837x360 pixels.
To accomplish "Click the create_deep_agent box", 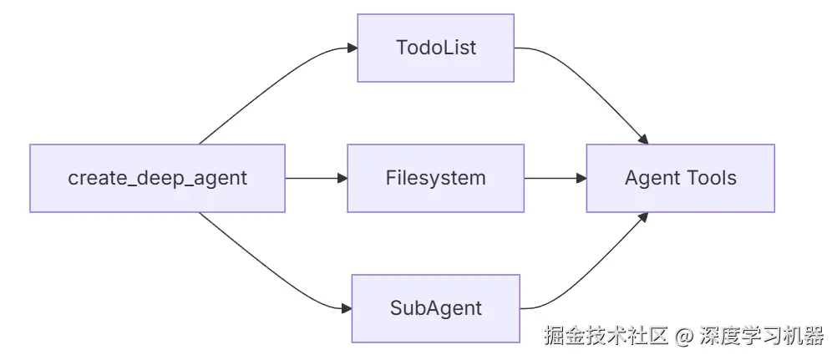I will tap(157, 178).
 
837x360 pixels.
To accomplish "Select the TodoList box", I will tap(435, 48).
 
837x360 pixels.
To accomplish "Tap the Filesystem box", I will tap(435, 178).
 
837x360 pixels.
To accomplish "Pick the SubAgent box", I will tap(435, 308).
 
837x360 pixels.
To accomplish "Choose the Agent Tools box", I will tap(680, 178).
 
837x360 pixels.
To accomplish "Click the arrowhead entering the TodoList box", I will tap(353, 48).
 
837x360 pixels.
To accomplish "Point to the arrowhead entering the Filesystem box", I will tap(342, 178).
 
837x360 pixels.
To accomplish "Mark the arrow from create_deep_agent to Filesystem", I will tap(313, 178).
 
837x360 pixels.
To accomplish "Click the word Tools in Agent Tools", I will tap(709, 178).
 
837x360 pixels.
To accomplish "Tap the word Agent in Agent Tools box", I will tap(650, 178).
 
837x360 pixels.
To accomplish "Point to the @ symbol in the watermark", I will tap(684, 337).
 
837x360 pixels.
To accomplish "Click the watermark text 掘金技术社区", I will tap(606, 337).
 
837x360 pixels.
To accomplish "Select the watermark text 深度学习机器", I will tap(761, 337).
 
